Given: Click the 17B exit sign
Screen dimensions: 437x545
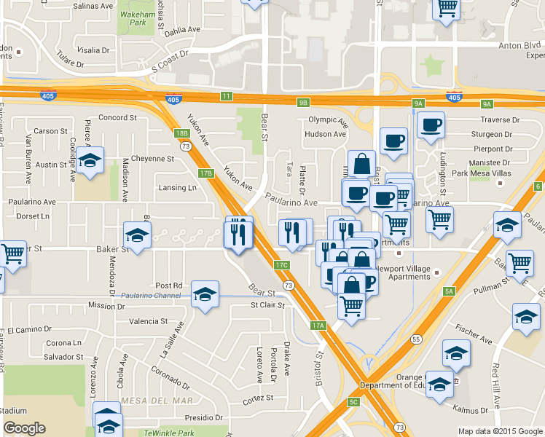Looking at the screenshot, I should pyautogui.click(x=206, y=173).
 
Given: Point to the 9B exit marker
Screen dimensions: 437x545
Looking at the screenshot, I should pyautogui.click(x=304, y=103).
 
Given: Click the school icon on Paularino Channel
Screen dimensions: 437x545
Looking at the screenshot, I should pyautogui.click(x=205, y=295).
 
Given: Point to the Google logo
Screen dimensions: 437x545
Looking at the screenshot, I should pyautogui.click(x=24, y=428).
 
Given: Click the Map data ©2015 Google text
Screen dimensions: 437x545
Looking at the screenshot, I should pyautogui.click(x=500, y=431).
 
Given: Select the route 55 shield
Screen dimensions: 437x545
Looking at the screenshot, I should pyautogui.click(x=415, y=339).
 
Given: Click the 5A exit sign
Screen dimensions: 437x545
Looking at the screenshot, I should pyautogui.click(x=450, y=291).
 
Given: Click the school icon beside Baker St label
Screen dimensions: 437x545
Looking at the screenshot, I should pyautogui.click(x=137, y=235).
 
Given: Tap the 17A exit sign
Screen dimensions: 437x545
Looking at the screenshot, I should pyautogui.click(x=318, y=326).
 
